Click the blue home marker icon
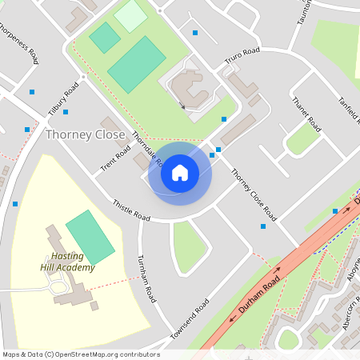pos(179,173)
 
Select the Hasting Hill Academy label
pos(68,262)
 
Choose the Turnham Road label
pos(146,278)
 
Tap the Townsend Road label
pos(190,318)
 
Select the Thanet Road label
pos(306,114)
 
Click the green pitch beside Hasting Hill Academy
pos(90,237)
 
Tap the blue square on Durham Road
pos(335,211)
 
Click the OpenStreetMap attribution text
pos(81,354)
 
